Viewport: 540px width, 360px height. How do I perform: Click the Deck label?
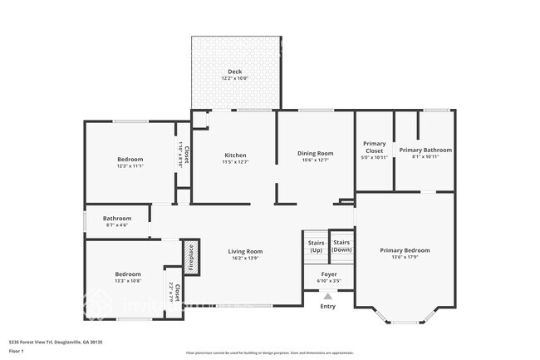click(x=236, y=72)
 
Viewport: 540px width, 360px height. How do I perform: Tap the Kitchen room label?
click(x=235, y=155)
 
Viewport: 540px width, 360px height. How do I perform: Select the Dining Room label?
click(x=315, y=153)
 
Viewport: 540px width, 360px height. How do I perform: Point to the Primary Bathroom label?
click(x=425, y=150)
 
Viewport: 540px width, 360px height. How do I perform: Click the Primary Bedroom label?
click(x=405, y=250)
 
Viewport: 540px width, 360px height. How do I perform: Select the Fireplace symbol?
click(x=190, y=257)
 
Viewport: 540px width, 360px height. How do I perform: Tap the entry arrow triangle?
click(x=328, y=296)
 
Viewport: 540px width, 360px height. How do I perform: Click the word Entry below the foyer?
click(x=328, y=306)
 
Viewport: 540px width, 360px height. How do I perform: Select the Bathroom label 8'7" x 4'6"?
click(x=117, y=219)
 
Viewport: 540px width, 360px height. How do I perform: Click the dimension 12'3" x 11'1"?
click(x=130, y=166)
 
